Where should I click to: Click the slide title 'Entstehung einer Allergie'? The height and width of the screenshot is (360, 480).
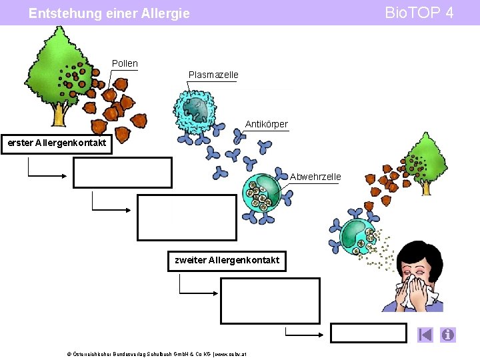point(109,13)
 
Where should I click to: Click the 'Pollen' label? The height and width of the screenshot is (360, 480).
point(125,63)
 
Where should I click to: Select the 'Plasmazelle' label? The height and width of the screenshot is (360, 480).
point(213,75)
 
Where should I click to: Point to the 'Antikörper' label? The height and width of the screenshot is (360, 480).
point(266,124)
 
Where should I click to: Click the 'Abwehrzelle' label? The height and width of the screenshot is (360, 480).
point(315,177)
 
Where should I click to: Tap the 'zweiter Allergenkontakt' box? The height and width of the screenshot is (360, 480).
point(227,260)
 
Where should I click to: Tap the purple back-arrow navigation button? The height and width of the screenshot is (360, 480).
point(425,335)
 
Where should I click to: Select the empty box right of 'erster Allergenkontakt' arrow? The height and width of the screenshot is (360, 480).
point(123,172)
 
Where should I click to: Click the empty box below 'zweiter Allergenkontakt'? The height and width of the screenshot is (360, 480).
point(270,301)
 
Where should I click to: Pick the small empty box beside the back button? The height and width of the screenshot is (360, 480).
point(368,333)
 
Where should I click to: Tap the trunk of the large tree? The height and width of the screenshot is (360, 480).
point(59,113)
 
